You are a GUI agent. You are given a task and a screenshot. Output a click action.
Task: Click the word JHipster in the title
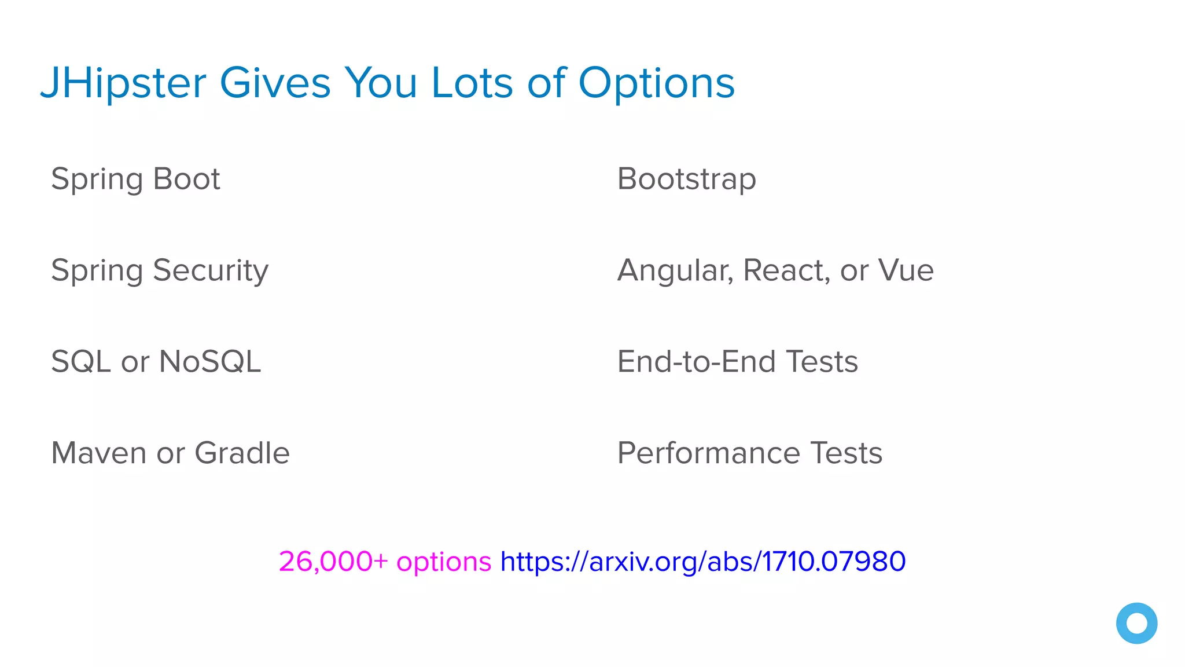[x=123, y=83]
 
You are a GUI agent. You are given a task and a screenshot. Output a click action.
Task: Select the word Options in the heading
[x=656, y=83]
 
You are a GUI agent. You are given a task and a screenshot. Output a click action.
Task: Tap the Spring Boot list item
[x=135, y=179]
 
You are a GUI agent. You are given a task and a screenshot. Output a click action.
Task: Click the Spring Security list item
[x=160, y=270]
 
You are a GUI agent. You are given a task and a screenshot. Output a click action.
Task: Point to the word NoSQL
[x=209, y=362]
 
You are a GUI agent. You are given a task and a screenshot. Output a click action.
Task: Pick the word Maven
[x=98, y=453]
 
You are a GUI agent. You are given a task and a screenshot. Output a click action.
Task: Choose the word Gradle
[x=242, y=453]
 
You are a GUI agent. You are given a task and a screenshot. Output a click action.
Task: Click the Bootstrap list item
[x=686, y=179]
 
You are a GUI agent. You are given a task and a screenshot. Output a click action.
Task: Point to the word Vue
[x=906, y=270]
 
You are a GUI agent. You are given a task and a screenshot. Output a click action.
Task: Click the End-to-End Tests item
[x=737, y=362]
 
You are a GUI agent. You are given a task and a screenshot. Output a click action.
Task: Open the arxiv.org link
[x=702, y=562]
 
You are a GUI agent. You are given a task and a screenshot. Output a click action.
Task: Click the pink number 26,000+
[x=333, y=562]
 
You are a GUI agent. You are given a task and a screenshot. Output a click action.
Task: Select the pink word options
[x=443, y=562]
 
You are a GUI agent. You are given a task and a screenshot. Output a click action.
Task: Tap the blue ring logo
[x=1136, y=623]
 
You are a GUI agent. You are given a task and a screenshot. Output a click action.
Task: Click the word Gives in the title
[x=275, y=83]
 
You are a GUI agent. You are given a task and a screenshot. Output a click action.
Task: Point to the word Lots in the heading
[x=472, y=83]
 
